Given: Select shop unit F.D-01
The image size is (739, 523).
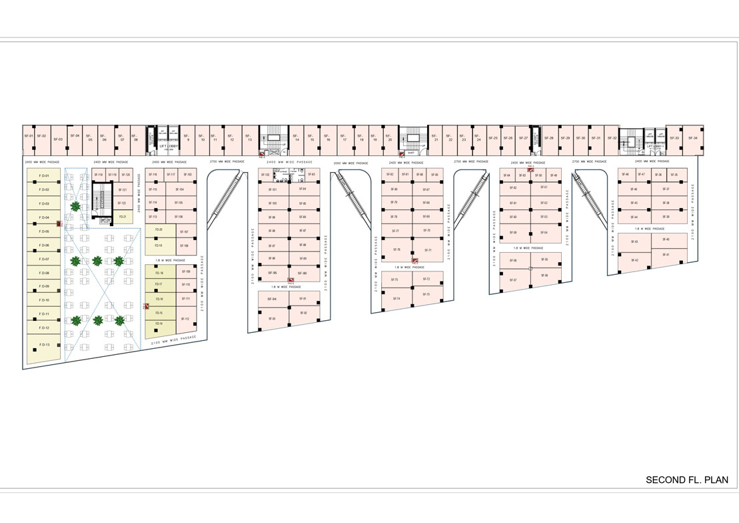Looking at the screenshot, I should point(43,175).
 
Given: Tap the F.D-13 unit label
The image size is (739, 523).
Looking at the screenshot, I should point(43,344).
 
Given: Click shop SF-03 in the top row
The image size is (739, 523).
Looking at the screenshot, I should point(57,139).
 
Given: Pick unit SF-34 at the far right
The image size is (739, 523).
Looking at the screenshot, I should point(694,138).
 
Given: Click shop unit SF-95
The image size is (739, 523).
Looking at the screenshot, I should point(273,273).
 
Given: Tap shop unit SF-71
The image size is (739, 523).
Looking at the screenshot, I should point(428,250).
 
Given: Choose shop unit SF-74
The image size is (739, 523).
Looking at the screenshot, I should point(396,298).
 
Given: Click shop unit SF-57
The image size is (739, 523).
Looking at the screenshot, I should point(513,280).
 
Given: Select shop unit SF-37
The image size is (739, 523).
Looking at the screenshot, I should point(666,189).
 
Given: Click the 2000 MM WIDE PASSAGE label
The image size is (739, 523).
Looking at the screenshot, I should point(351,162).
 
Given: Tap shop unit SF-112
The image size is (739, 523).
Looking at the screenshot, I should point(187,320).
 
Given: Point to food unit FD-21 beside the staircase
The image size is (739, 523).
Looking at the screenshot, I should point(122,217).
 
